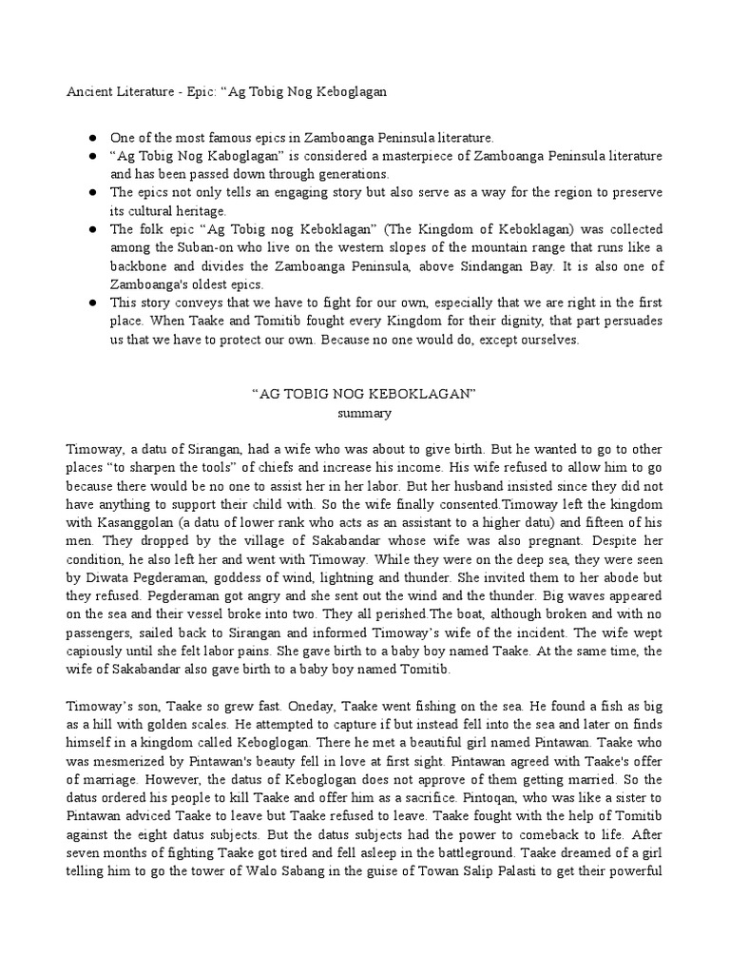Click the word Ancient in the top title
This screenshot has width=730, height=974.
pos(88,92)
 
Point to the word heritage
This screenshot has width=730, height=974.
pos(199,211)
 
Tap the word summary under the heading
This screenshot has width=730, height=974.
pos(365,414)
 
